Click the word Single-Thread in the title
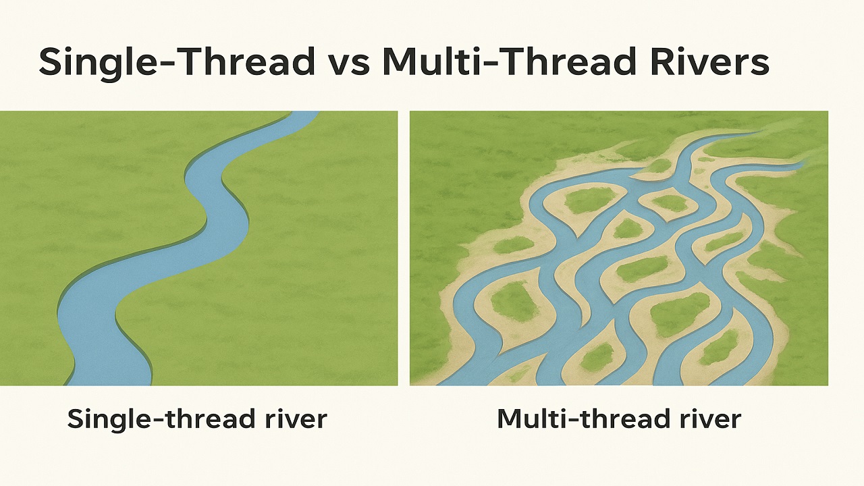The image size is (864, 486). coord(177,61)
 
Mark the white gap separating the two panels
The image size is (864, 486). coord(404,248)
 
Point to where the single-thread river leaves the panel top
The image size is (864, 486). coord(304,113)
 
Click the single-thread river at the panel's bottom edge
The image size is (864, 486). coord(109,383)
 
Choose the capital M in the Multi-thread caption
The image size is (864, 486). coord(510,418)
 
